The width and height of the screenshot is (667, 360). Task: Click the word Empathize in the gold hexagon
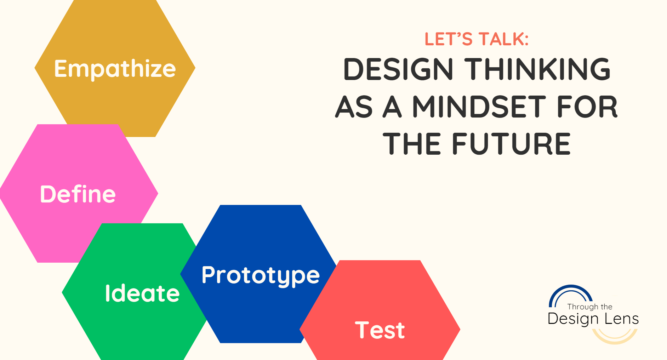click(115, 69)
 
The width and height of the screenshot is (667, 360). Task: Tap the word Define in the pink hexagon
click(78, 194)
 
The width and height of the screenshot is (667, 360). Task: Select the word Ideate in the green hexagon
click(142, 293)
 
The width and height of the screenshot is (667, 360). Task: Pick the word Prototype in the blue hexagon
click(261, 275)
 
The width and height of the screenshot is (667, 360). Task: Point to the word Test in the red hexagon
click(380, 330)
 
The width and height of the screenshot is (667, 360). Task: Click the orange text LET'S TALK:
click(476, 39)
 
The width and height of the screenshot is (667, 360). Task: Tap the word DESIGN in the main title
click(398, 69)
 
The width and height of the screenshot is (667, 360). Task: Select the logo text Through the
click(589, 307)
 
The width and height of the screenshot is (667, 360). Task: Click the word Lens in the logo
click(621, 319)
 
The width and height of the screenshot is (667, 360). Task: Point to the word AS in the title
click(354, 107)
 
